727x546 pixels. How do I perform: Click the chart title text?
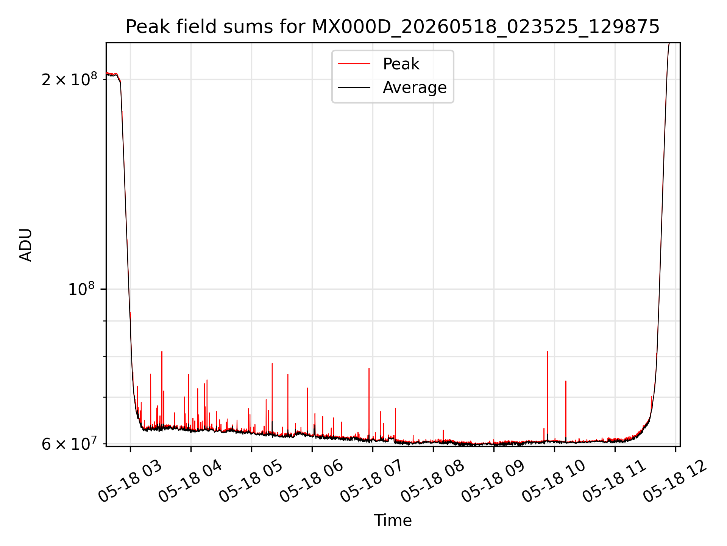click(x=393, y=27)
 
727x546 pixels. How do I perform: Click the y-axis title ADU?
click(x=26, y=245)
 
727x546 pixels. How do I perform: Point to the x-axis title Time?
click(x=393, y=520)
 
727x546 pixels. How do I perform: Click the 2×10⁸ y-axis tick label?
click(x=69, y=79)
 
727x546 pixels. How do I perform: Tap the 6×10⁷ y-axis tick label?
click(x=69, y=444)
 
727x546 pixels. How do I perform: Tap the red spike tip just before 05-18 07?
click(x=369, y=368)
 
